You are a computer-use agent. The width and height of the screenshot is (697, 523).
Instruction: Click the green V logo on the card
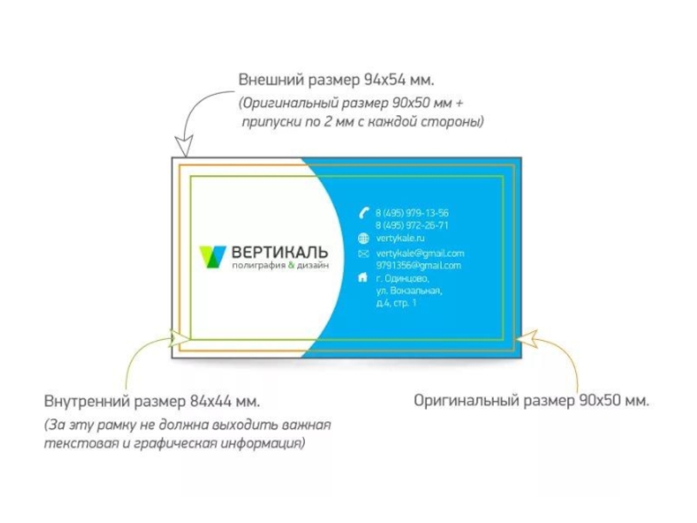(213, 256)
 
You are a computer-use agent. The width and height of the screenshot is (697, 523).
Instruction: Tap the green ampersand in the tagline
(292, 266)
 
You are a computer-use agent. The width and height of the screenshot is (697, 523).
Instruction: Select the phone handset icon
(364, 213)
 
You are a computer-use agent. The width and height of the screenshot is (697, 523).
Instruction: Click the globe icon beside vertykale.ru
(364, 237)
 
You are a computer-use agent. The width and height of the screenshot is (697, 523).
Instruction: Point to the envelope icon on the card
(364, 254)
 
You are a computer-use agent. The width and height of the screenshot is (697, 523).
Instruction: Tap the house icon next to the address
(363, 278)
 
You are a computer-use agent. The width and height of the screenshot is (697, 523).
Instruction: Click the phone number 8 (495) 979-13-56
(412, 213)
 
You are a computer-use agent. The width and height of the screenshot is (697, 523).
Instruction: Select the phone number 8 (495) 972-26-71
(412, 225)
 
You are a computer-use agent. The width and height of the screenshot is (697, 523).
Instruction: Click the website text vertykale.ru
(400, 237)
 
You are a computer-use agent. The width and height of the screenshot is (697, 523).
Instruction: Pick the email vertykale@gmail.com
(420, 254)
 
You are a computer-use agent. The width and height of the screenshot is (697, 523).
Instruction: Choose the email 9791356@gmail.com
(418, 266)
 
